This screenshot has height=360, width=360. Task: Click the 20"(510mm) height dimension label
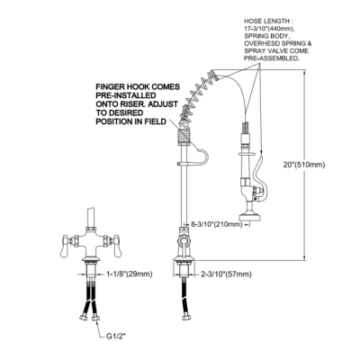tap(304, 165)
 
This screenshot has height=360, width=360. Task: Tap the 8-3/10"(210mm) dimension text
tap(217, 224)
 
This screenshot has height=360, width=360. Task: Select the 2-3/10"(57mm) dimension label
tap(226, 274)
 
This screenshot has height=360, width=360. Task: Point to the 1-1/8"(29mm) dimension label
tap(130, 274)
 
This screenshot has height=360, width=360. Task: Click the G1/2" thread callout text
tap(116, 337)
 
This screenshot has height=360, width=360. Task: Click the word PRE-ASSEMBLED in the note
tap(272, 58)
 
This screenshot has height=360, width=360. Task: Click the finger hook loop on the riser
tap(202, 156)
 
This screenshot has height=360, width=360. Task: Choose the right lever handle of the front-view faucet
tap(116, 246)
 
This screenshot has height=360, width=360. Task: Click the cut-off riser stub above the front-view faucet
tap(91, 218)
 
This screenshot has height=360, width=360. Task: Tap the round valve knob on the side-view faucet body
tap(183, 241)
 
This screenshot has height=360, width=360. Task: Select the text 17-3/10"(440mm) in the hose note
tap(269, 29)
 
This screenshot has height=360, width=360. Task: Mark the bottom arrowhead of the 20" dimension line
tap(305, 257)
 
